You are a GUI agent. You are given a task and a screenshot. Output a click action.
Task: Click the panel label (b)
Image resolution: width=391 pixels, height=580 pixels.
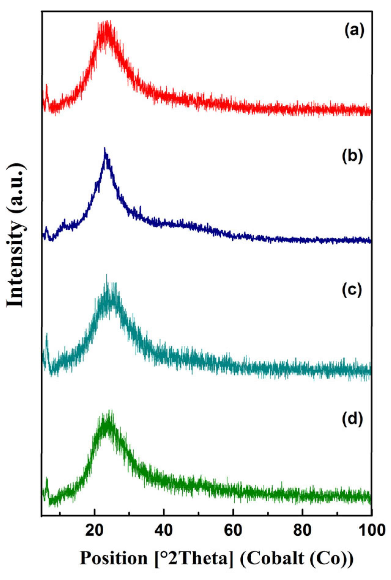(x=352, y=156)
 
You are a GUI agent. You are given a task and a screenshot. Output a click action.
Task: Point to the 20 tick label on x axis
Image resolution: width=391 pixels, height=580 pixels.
(x=95, y=531)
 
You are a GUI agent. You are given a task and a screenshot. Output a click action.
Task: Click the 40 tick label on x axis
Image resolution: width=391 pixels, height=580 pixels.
(x=164, y=531)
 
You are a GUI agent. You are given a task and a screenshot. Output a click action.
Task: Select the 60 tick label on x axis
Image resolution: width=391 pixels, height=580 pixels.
(x=233, y=531)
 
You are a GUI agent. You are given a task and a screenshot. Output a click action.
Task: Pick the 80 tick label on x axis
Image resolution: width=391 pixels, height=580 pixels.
(x=302, y=531)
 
